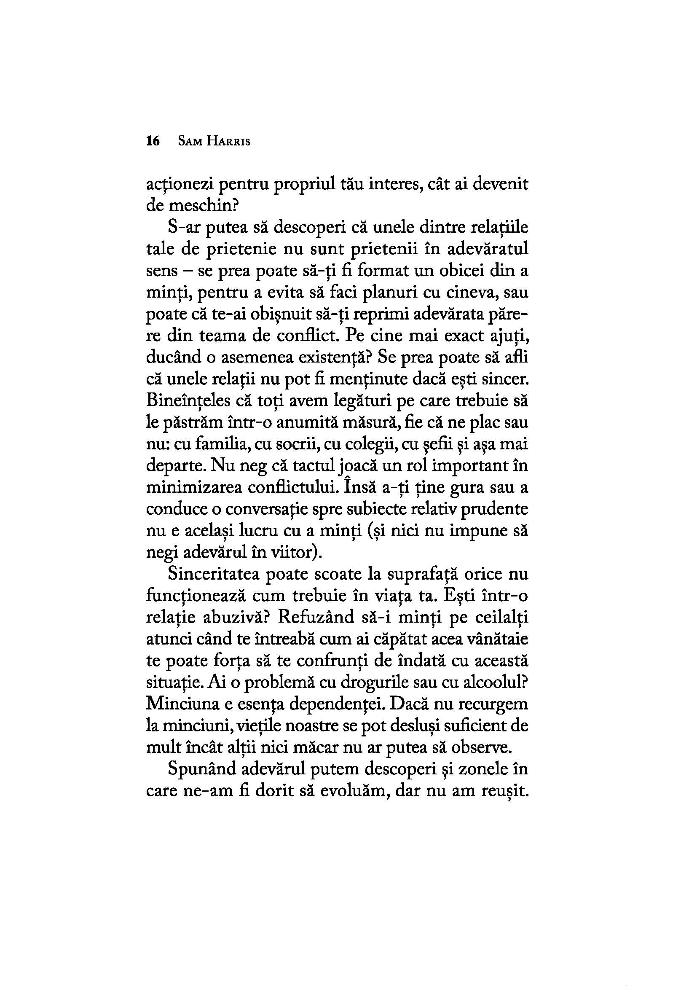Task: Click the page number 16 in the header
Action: point(153,141)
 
